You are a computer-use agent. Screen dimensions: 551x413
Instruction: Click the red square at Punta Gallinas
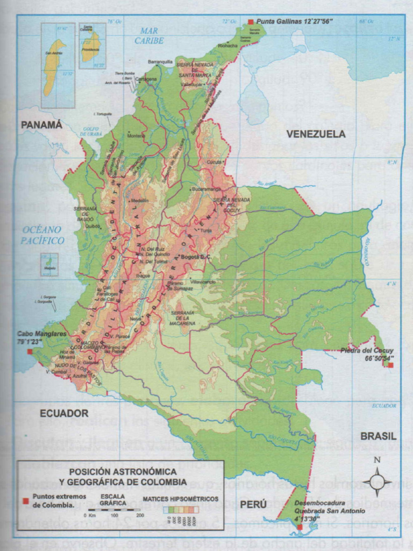pyautogui.click(x=250, y=22)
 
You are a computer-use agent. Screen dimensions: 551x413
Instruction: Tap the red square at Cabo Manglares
pyautogui.click(x=30, y=351)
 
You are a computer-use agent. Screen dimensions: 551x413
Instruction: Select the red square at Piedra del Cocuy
pyautogui.click(x=390, y=365)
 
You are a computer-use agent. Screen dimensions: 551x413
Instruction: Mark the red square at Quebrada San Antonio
pyautogui.click(x=300, y=527)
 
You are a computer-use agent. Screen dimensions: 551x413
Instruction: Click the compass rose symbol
pyautogui.click(x=377, y=482)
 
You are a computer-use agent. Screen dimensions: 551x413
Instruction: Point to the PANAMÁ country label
pyautogui.click(x=41, y=125)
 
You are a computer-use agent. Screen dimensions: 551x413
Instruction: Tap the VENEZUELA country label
pyautogui.click(x=316, y=134)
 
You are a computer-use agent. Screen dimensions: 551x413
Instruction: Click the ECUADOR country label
pyautogui.click(x=63, y=413)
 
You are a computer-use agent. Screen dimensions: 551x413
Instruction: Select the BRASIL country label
pyautogui.click(x=378, y=436)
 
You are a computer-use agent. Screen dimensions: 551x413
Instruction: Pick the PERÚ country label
pyautogui.click(x=253, y=504)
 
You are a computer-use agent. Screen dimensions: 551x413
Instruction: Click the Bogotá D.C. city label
pyautogui.click(x=196, y=257)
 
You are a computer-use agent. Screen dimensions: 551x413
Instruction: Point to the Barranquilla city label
pyautogui.click(x=160, y=62)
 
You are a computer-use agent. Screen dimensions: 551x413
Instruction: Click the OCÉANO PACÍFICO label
pyautogui.click(x=43, y=235)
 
